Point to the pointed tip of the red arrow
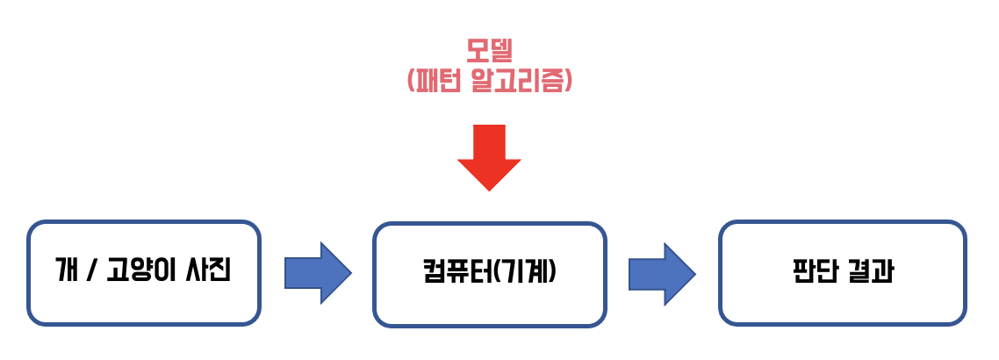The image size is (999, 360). click(x=489, y=189)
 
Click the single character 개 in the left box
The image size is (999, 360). click(x=64, y=272)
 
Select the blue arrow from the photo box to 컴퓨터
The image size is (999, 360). click(x=317, y=273)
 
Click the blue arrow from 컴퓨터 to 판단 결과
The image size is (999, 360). click(x=661, y=273)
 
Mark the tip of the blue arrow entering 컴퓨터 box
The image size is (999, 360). click(x=350, y=273)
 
